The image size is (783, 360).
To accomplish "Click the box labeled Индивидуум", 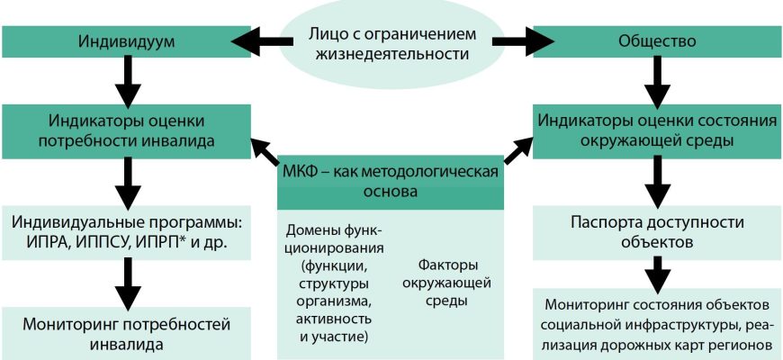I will [x=125, y=40].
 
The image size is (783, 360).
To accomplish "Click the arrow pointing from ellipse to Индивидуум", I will [x=262, y=40].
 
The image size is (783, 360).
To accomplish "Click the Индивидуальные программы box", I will [x=125, y=231].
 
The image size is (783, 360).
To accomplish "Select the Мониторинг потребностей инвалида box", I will [x=125, y=331].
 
